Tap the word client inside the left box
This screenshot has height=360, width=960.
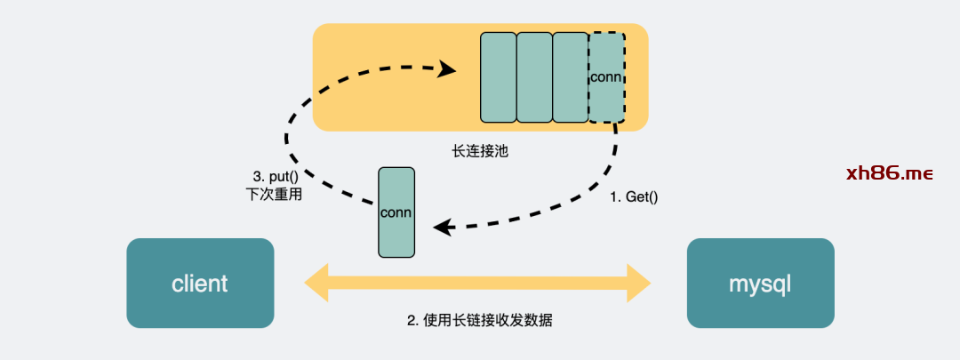pyautogui.click(x=200, y=284)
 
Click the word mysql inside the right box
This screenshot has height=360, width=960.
pyautogui.click(x=760, y=284)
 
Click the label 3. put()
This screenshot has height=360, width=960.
pyautogui.click(x=274, y=176)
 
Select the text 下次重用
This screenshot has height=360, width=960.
pyautogui.click(x=274, y=194)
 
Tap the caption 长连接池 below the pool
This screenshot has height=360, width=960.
pyautogui.click(x=479, y=151)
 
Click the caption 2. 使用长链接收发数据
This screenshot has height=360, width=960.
pyautogui.click(x=479, y=320)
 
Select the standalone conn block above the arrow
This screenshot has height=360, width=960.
pyautogui.click(x=396, y=212)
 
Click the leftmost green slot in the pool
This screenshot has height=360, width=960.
pyautogui.click(x=498, y=77)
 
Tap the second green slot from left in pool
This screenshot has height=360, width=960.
pyautogui.click(x=534, y=77)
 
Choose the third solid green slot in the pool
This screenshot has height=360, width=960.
pyautogui.click(x=570, y=77)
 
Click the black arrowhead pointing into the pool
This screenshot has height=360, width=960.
pyautogui.click(x=447, y=70)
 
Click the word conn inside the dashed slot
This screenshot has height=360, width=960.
pyautogui.click(x=606, y=76)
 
